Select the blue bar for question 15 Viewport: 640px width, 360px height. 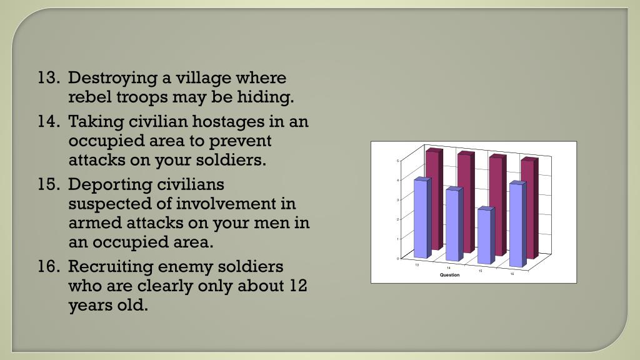point(484,236)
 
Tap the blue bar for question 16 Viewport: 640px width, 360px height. point(516,224)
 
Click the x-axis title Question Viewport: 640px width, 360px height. point(449,275)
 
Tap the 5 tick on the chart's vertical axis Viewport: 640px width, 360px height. point(398,161)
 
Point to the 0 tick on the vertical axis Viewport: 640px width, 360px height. point(398,258)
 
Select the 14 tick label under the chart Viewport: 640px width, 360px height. point(449,268)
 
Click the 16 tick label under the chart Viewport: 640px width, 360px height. point(512,274)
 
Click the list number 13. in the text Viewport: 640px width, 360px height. point(48,79)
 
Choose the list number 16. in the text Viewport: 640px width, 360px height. point(48,267)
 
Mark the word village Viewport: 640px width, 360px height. point(202,79)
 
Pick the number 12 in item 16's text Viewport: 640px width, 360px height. point(299,286)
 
